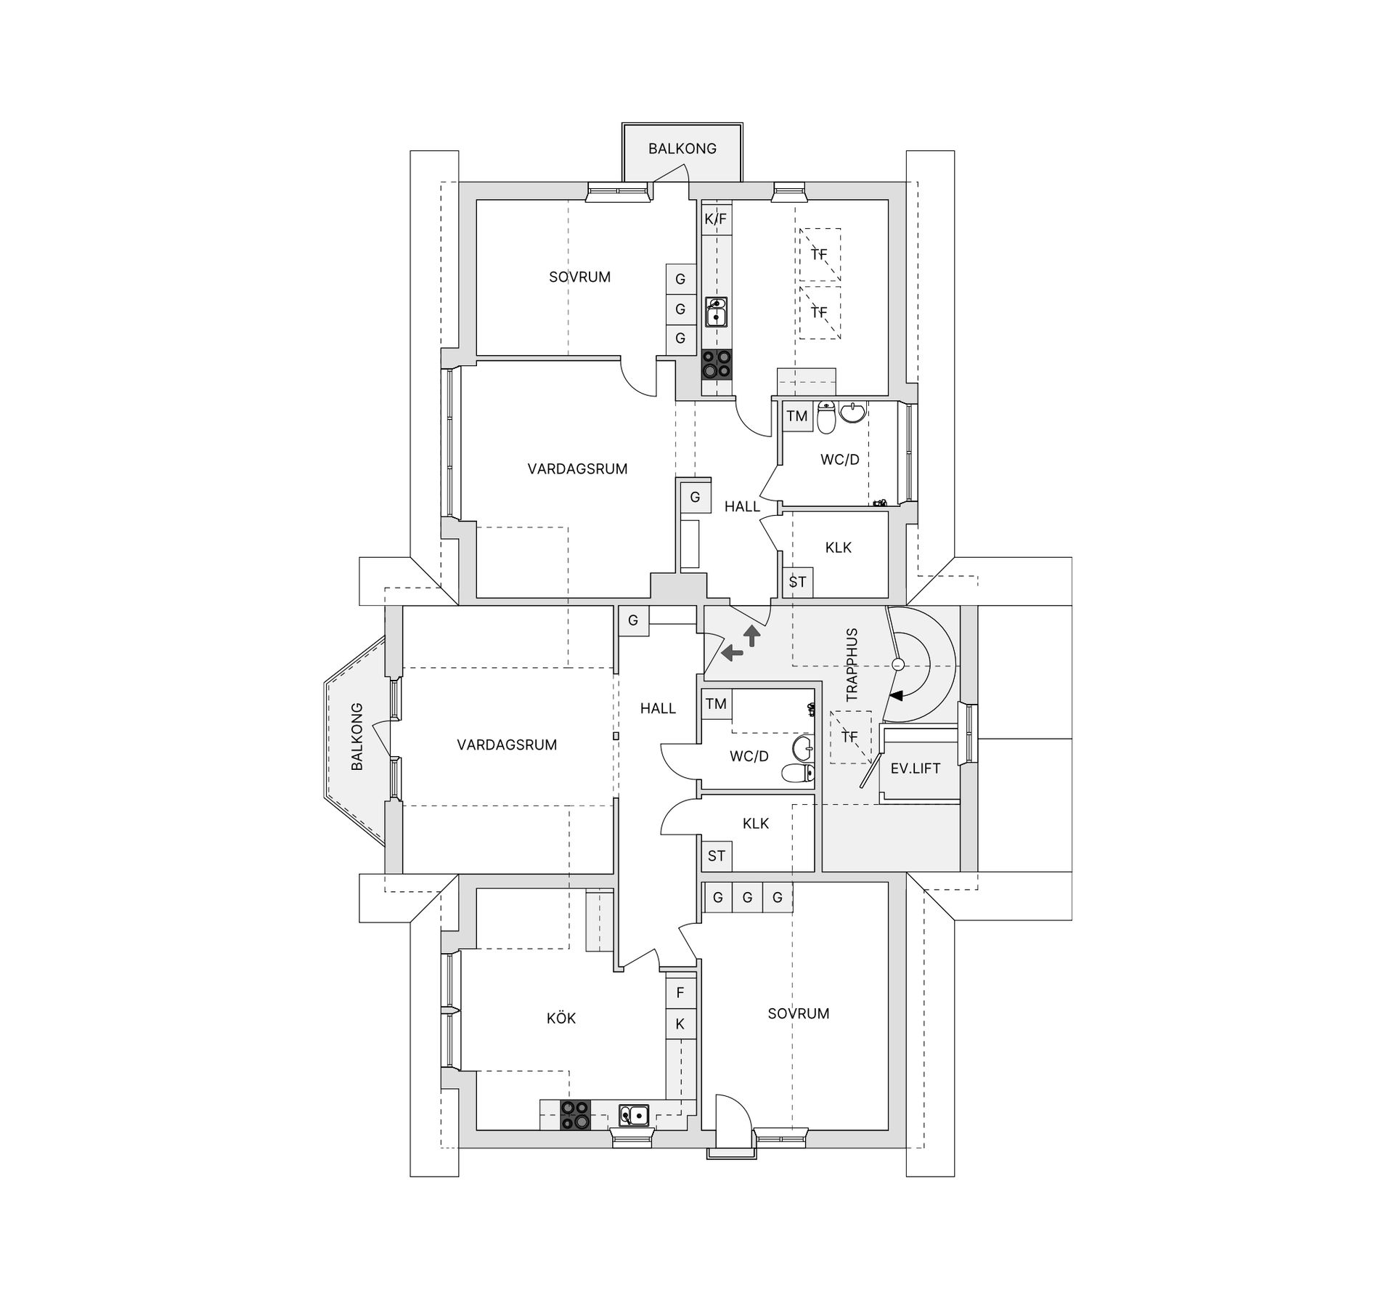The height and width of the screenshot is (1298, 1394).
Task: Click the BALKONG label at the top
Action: pyautogui.click(x=682, y=148)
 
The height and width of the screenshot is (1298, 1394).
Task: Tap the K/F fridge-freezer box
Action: pyautogui.click(x=716, y=219)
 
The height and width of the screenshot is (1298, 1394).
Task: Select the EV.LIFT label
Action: pyautogui.click(x=915, y=768)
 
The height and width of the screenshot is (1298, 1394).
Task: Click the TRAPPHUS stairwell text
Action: pyautogui.click(x=852, y=665)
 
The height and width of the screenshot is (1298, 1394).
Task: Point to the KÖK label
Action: pyautogui.click(x=561, y=1018)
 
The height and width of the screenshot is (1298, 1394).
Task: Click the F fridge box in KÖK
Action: pyautogui.click(x=680, y=992)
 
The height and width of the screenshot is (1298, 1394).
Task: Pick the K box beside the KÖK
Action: pyautogui.click(x=680, y=1024)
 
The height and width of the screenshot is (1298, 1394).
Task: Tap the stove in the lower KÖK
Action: pyautogui.click(x=575, y=1115)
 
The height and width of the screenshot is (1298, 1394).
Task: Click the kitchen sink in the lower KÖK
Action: pyautogui.click(x=634, y=1114)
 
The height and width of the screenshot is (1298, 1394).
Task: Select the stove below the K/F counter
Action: pyautogui.click(x=717, y=365)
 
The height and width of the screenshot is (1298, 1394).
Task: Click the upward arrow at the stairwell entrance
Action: pyautogui.click(x=752, y=636)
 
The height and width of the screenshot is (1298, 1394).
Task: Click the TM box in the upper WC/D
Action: pyautogui.click(x=797, y=416)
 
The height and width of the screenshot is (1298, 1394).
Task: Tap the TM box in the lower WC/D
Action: pyautogui.click(x=716, y=704)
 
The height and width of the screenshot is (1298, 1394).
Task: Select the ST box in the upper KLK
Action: pyautogui.click(x=797, y=582)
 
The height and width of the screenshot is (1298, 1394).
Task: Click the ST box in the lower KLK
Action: pyautogui.click(x=716, y=856)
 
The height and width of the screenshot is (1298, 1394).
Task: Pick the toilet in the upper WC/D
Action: pyautogui.click(x=826, y=418)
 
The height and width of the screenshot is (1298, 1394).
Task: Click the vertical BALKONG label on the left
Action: pyautogui.click(x=356, y=737)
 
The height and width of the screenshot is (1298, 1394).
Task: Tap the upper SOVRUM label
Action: pyautogui.click(x=579, y=277)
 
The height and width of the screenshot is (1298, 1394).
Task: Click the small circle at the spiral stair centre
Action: pyautogui.click(x=898, y=664)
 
